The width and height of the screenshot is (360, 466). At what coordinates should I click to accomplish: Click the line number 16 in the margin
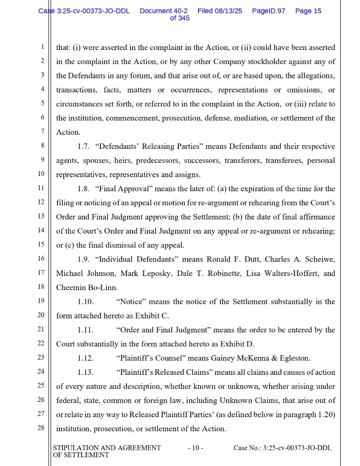(x=41, y=259)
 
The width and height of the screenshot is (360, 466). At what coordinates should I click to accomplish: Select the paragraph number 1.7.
(x=83, y=146)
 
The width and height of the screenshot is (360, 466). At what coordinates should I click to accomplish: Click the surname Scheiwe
(x=320, y=259)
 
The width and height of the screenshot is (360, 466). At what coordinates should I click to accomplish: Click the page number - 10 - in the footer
(x=196, y=448)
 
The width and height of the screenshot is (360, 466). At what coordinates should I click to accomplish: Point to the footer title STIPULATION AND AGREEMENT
(x=107, y=448)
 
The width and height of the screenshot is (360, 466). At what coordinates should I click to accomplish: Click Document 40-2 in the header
(x=164, y=11)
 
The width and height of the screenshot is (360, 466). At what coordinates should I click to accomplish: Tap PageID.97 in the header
(x=268, y=11)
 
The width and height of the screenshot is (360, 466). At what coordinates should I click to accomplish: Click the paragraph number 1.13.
(x=86, y=372)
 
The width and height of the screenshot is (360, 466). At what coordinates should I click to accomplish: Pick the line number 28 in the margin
(x=41, y=428)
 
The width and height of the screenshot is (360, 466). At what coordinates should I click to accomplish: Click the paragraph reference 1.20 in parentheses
(x=326, y=415)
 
